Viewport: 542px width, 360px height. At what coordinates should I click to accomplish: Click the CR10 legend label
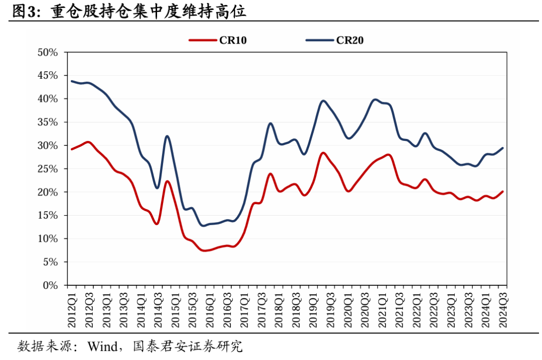click(233, 41)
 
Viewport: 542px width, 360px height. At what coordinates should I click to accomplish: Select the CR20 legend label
click(349, 41)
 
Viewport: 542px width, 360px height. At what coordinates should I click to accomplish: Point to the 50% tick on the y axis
click(48, 52)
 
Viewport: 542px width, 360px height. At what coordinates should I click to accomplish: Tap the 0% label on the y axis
click(51, 285)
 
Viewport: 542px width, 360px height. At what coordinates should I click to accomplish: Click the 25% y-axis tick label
click(48, 169)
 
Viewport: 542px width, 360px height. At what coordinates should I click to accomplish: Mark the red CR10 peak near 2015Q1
click(167, 181)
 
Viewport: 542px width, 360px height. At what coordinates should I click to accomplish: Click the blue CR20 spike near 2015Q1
click(167, 136)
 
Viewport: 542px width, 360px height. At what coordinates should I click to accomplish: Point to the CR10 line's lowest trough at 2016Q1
click(205, 250)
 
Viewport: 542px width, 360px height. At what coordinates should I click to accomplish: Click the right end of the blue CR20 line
click(503, 148)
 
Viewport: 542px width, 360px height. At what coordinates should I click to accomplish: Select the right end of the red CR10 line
click(503, 192)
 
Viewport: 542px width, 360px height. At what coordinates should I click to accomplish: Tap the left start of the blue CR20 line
click(72, 81)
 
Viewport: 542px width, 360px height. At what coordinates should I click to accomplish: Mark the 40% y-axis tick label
click(48, 99)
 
